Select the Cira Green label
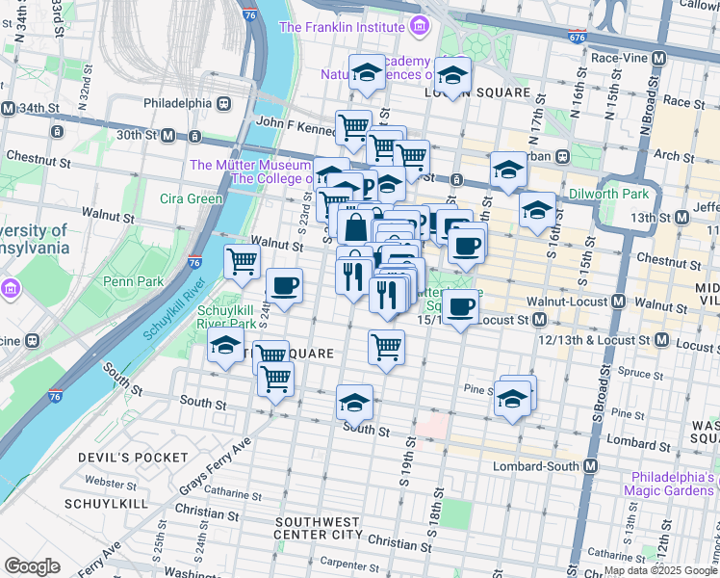(192, 199)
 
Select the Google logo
(32, 565)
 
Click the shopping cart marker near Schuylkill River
(242, 260)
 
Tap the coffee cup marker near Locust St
(461, 307)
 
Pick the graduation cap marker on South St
(354, 403)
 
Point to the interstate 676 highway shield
(576, 37)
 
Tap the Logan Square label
(477, 92)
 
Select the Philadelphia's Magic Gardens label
(675, 485)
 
